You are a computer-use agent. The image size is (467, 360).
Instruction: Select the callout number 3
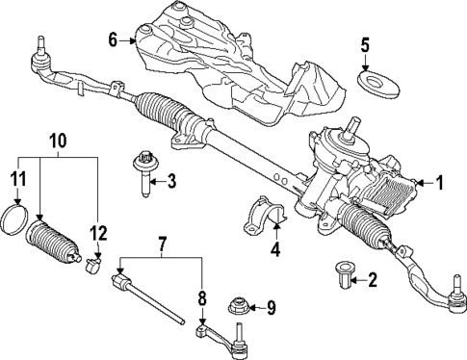coord(170,180)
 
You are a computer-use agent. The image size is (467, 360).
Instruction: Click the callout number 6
coord(113,39)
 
